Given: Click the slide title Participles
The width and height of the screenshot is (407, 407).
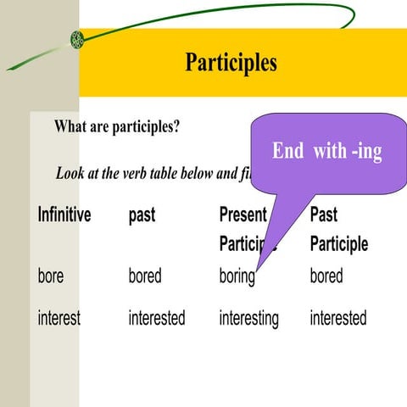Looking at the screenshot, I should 231,63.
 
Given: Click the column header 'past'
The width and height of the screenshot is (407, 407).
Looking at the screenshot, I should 142,215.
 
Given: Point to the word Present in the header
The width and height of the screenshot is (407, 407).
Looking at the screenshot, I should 243,215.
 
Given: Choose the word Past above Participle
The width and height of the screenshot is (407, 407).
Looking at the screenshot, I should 324,215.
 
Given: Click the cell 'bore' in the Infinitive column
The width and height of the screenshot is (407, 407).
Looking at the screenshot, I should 51,276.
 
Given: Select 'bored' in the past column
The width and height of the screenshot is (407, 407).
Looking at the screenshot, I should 145,276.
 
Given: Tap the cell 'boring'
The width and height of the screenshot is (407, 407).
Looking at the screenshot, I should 237,276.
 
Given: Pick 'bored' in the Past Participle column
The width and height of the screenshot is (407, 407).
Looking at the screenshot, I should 326,276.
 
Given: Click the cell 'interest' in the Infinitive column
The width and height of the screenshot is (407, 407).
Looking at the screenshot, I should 59,318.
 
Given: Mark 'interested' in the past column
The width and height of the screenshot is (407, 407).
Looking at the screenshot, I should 157,318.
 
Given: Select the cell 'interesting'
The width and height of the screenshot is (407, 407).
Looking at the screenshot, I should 248,318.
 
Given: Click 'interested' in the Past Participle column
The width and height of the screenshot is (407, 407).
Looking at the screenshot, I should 338,318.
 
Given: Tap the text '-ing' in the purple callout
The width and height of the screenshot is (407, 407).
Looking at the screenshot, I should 365,152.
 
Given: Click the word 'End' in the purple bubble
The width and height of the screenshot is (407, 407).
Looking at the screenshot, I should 288,152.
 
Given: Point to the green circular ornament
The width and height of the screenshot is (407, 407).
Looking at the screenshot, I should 77,38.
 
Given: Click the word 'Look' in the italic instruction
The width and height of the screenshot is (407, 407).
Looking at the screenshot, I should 71,174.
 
